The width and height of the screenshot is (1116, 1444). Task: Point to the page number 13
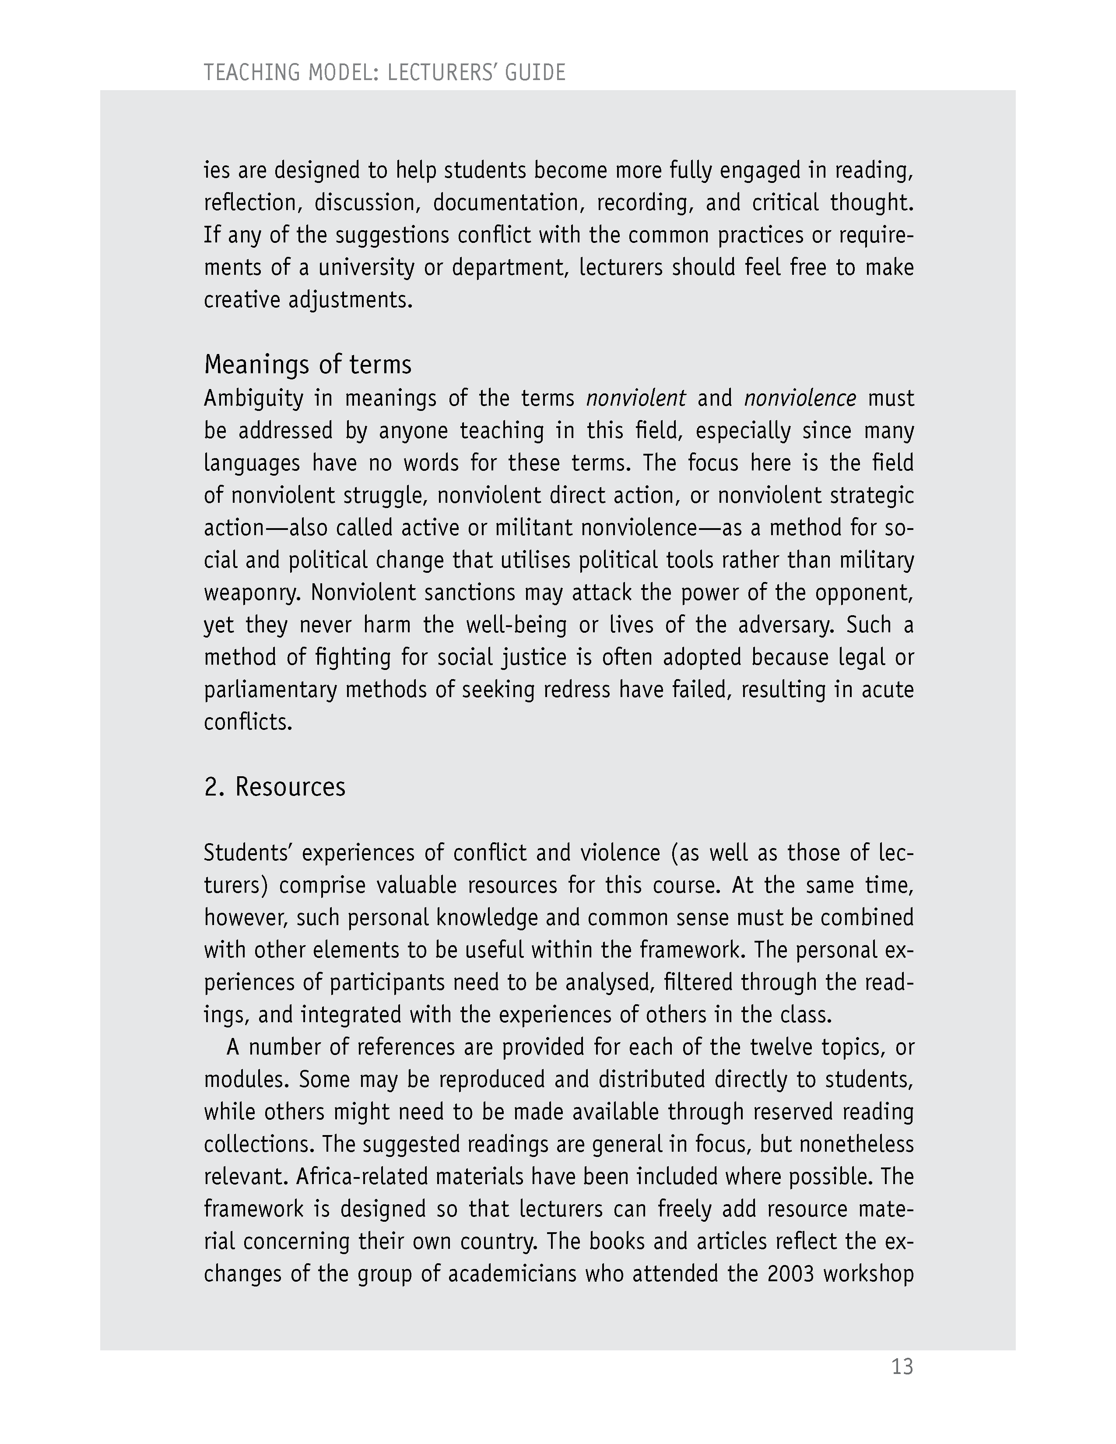[x=902, y=1366]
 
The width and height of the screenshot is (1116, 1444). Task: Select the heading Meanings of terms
[x=307, y=365]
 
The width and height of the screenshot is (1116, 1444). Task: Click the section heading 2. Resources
[x=274, y=787]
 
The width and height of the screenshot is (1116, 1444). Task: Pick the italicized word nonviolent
[x=635, y=398]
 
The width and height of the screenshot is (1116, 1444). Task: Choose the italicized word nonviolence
[x=800, y=398]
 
